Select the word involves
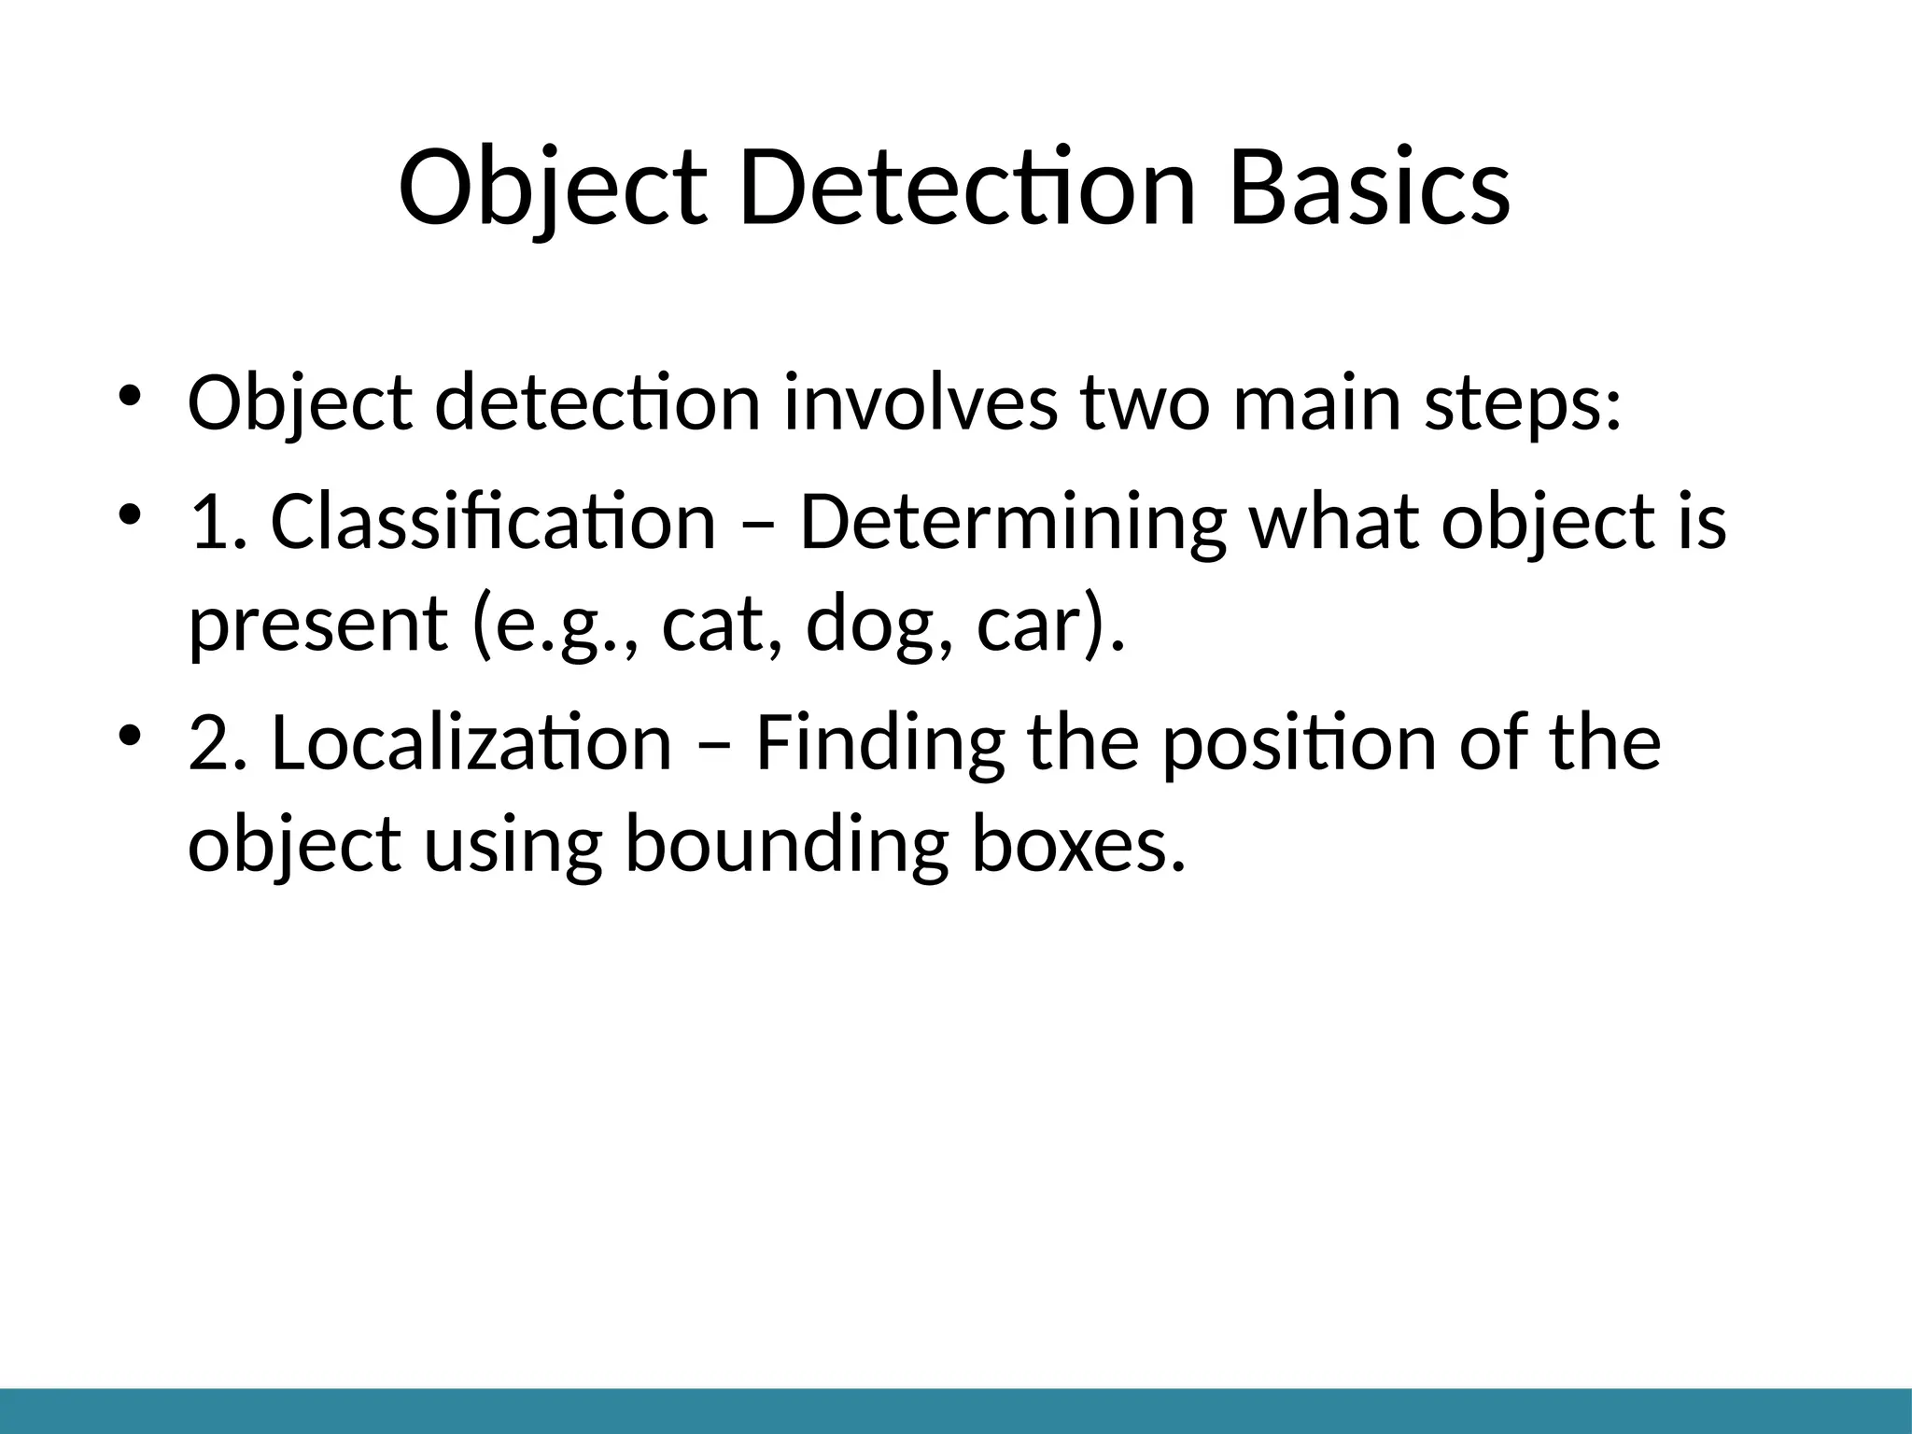coord(921,403)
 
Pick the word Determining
coord(1012,523)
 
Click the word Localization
coord(471,743)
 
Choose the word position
coord(1298,745)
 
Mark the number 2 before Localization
coord(207,743)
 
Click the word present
coord(317,626)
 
